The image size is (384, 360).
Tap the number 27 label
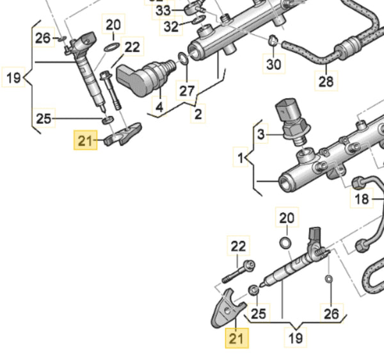click(x=187, y=90)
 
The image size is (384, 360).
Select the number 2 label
click(x=198, y=114)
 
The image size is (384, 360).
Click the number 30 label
click(x=273, y=64)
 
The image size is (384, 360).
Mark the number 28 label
click(x=326, y=81)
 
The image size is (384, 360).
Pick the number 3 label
click(x=260, y=135)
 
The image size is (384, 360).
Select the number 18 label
click(x=362, y=199)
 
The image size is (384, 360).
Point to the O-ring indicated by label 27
click(x=184, y=60)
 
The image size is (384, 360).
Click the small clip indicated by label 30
click(x=273, y=41)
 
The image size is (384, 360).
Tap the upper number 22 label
click(x=132, y=47)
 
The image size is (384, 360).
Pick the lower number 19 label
click(x=296, y=337)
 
